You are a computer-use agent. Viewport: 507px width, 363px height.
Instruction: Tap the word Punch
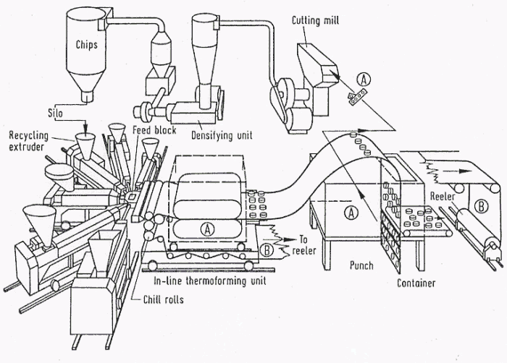[361, 265]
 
